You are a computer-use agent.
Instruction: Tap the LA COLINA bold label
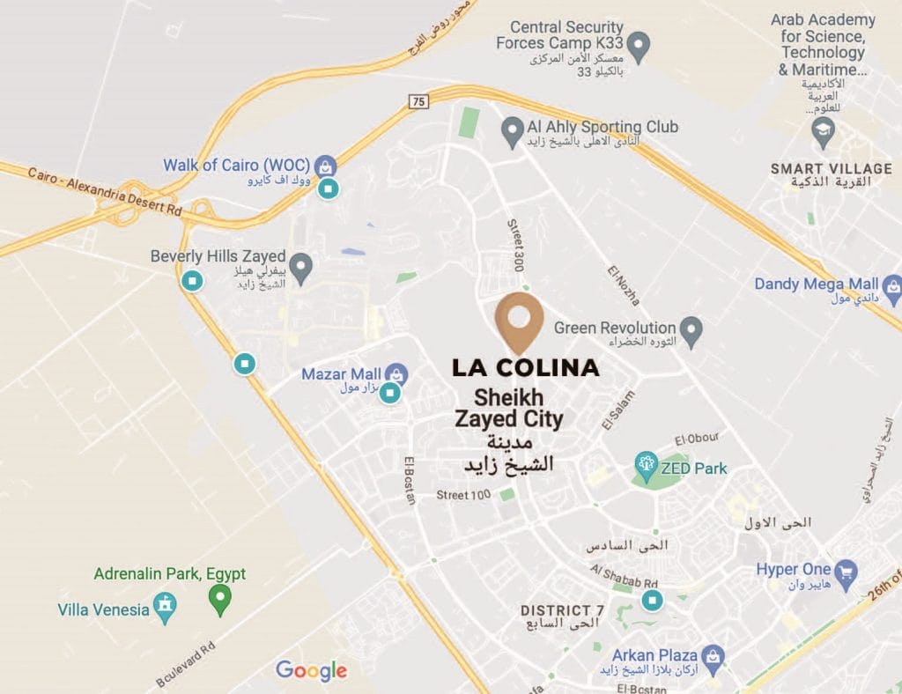pyautogui.click(x=526, y=367)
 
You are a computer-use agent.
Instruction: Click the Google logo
pyautogui.click(x=311, y=671)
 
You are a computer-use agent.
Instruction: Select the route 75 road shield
pyautogui.click(x=418, y=102)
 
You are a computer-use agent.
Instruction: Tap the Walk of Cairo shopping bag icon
pyautogui.click(x=326, y=166)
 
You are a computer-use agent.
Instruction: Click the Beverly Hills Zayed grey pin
pyautogui.click(x=302, y=265)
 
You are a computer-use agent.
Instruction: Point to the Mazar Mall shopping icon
pyautogui.click(x=396, y=374)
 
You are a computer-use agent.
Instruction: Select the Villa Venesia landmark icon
pyautogui.click(x=165, y=605)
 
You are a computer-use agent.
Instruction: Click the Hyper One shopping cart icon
pyautogui.click(x=846, y=572)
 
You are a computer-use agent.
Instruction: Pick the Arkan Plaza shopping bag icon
pyautogui.click(x=713, y=655)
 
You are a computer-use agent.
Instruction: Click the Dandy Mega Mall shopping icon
pyautogui.click(x=893, y=285)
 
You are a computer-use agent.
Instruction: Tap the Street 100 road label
pyautogui.click(x=463, y=495)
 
